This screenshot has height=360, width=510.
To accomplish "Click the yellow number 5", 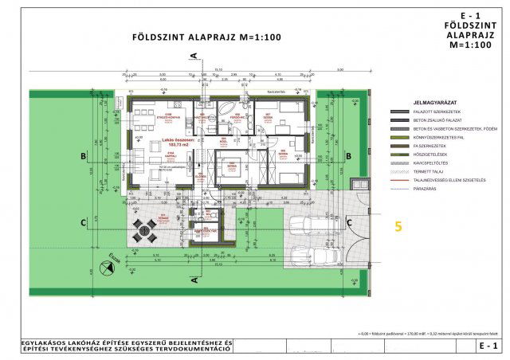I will [x=398, y=226].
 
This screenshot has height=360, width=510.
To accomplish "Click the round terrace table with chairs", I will [x=144, y=229].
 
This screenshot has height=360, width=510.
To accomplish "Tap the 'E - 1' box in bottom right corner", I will [x=488, y=346].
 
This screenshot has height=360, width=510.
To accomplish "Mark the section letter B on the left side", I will [x=82, y=158].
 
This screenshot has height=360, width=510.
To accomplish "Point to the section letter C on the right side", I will [x=350, y=221].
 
